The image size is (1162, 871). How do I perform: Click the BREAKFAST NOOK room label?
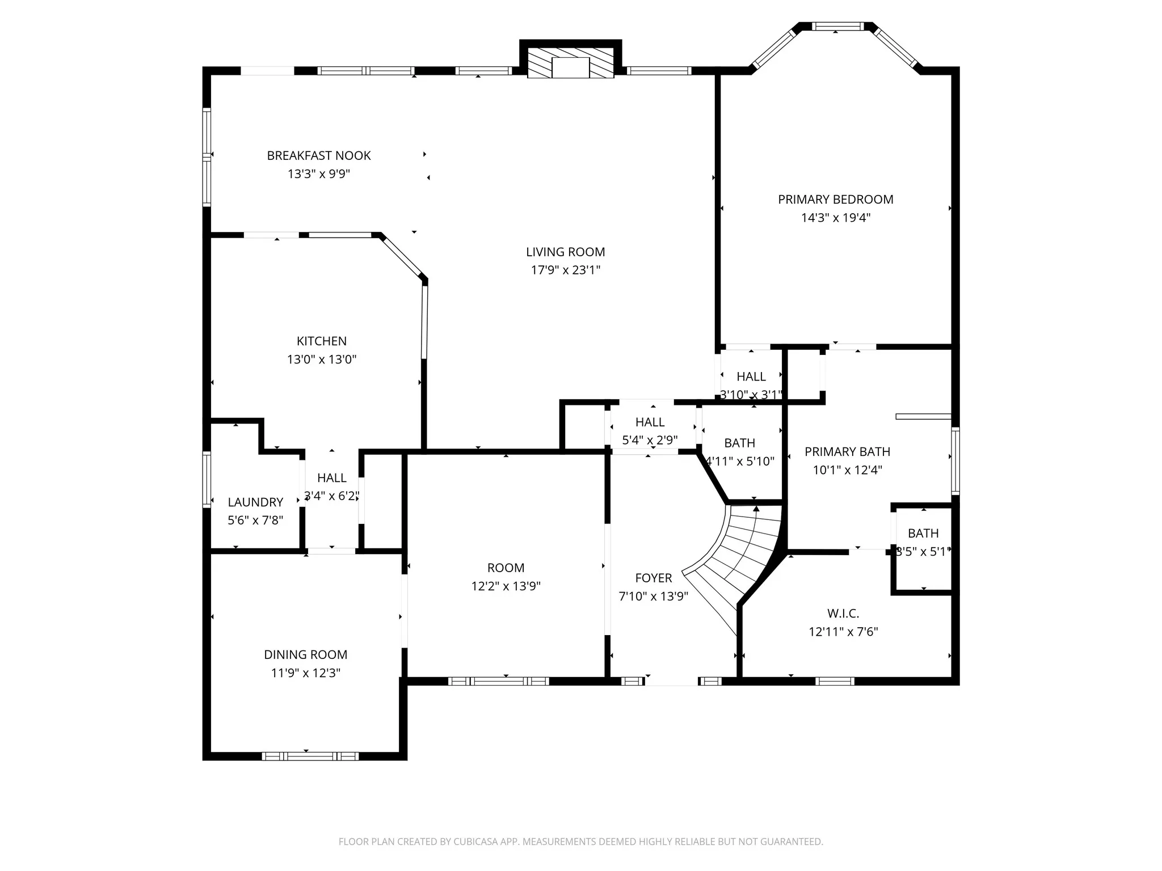(319, 155)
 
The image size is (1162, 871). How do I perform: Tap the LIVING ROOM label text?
(566, 252)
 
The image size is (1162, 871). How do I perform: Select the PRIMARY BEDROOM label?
(836, 200)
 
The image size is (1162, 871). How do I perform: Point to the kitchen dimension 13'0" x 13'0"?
(322, 359)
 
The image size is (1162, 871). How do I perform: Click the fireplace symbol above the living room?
(571, 62)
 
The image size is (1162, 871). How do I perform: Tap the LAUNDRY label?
(255, 502)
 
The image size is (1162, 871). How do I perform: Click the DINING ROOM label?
(306, 654)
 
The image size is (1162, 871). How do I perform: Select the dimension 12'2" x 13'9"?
(506, 586)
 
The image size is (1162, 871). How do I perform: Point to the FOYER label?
(654, 578)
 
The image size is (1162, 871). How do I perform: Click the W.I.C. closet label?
(843, 613)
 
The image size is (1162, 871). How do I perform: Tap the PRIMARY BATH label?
(848, 451)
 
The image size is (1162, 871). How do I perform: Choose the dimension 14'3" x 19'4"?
(836, 218)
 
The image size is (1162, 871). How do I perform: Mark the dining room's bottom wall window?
(310, 756)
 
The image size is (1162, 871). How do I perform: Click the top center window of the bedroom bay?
(838, 26)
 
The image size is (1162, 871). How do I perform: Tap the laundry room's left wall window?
(207, 479)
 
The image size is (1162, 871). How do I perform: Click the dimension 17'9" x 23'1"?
(566, 270)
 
